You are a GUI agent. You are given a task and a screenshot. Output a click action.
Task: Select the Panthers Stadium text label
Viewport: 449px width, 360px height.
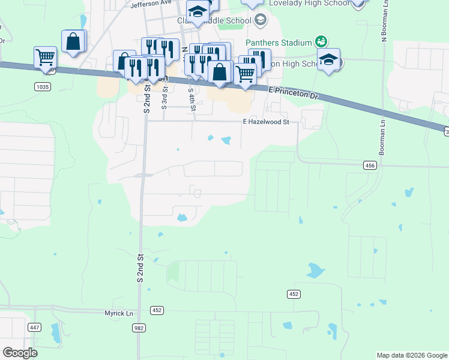click(279, 43)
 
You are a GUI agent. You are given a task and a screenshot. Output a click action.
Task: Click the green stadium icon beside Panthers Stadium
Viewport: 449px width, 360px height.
click(321, 41)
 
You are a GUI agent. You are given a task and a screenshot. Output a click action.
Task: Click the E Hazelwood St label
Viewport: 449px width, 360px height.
click(265, 122)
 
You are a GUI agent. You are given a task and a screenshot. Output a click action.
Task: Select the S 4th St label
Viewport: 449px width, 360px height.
click(191, 100)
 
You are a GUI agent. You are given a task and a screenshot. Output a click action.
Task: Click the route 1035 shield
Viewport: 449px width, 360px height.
click(43, 87)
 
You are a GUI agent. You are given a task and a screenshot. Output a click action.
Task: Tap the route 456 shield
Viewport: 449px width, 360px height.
click(370, 165)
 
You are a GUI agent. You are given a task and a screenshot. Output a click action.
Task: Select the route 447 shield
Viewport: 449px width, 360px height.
click(34, 327)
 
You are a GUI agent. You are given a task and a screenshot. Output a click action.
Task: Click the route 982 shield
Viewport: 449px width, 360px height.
click(139, 328)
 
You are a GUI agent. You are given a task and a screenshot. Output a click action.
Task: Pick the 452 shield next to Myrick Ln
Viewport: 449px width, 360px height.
click(157, 310)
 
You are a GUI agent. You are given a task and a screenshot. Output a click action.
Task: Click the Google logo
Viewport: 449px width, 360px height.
click(20, 353)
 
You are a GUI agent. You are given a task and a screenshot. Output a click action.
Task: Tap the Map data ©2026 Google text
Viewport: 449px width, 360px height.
click(411, 355)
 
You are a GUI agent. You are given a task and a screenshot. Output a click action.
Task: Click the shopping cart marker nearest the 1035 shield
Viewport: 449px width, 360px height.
click(46, 58)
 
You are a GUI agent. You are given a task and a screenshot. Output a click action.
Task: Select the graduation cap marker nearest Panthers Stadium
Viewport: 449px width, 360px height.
click(328, 60)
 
